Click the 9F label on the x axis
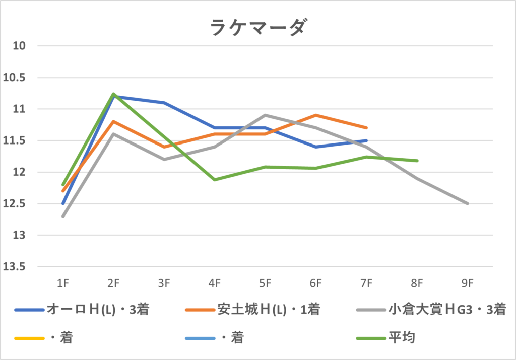(x=467, y=283)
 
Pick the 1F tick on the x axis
(x=63, y=283)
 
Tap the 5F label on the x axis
(x=265, y=283)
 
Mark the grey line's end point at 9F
(x=468, y=203)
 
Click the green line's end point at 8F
(x=417, y=161)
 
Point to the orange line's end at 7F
(x=366, y=128)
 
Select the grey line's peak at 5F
(x=265, y=115)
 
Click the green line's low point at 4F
(x=215, y=180)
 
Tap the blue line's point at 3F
(x=164, y=103)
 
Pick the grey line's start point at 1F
(x=63, y=216)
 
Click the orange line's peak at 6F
(x=316, y=115)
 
